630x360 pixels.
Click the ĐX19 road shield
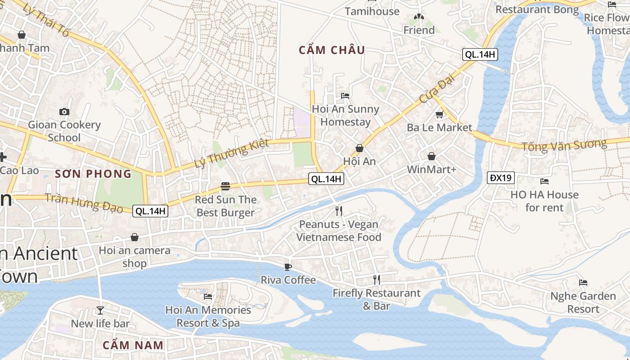(x=501, y=178)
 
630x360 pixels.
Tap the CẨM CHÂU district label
(x=332, y=50)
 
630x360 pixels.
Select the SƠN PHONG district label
(x=93, y=174)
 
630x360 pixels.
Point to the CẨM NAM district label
(x=133, y=345)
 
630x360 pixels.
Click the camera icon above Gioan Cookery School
(x=64, y=112)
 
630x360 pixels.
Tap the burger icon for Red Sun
(x=225, y=186)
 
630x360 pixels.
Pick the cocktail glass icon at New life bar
(x=100, y=310)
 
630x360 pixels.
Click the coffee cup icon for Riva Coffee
(x=288, y=267)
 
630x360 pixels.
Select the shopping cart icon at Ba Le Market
(x=439, y=114)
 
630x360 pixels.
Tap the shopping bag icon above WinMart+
(x=432, y=156)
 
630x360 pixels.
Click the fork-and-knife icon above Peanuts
(x=339, y=211)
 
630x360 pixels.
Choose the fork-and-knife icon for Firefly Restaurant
(x=377, y=280)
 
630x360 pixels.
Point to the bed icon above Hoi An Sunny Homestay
(x=345, y=95)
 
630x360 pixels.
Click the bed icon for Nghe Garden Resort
(x=583, y=283)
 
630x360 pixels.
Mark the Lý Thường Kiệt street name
(x=231, y=153)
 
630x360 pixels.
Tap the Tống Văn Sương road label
(x=564, y=145)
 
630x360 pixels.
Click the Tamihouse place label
(x=372, y=11)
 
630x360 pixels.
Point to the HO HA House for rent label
(x=544, y=201)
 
